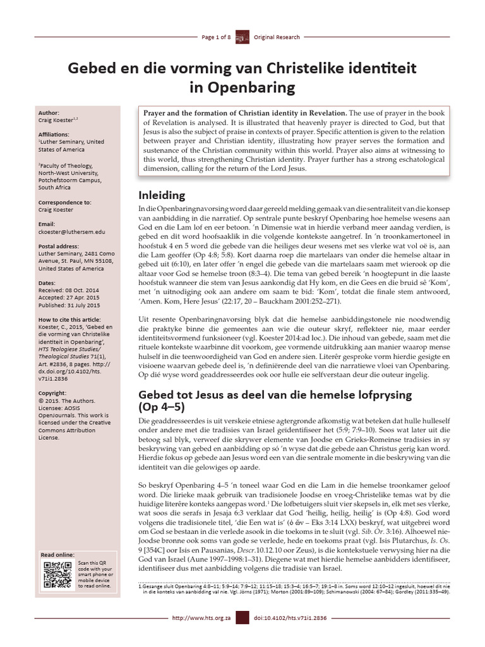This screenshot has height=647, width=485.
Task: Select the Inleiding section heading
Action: [162, 195]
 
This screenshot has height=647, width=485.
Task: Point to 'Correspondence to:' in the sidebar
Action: [65, 202]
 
